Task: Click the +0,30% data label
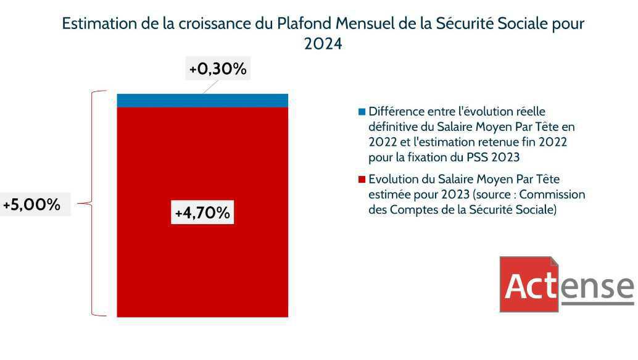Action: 218,69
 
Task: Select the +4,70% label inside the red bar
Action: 202,213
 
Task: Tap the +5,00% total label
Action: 32,204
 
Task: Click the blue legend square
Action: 362,112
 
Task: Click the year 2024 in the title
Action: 323,44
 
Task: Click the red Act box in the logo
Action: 528,285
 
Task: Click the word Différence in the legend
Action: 396,112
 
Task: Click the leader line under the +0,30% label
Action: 210,87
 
